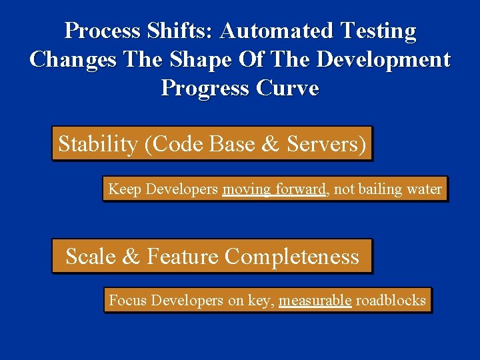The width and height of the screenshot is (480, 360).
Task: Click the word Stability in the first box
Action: [x=97, y=144]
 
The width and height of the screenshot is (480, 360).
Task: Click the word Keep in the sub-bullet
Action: [x=125, y=189]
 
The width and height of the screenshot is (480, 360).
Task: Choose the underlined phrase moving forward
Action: [x=274, y=189]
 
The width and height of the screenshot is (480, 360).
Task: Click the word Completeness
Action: [x=292, y=257]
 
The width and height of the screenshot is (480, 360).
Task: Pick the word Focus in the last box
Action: [x=127, y=301]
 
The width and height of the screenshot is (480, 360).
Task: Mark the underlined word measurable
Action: [x=315, y=301]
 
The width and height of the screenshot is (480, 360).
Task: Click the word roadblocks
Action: [x=391, y=301]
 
